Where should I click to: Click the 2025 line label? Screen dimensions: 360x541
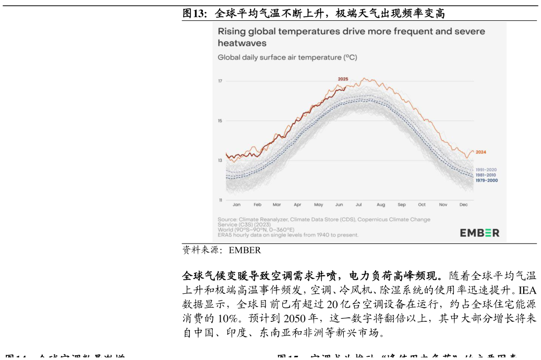point(343,79)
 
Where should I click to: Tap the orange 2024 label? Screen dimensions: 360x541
point(480,152)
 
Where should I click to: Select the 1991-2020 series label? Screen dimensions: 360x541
point(486,170)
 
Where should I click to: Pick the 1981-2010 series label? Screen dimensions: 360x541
point(486,175)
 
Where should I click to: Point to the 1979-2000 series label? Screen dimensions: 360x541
point(486,181)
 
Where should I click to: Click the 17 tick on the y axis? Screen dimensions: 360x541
point(220,81)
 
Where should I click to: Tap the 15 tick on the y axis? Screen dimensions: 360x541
point(220,121)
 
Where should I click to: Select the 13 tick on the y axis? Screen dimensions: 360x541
point(220,160)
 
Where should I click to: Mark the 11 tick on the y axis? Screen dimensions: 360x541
point(220,200)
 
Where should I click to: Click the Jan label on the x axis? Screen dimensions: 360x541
point(236,205)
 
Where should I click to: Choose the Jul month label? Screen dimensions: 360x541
point(359,205)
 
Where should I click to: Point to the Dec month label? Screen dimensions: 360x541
point(463,205)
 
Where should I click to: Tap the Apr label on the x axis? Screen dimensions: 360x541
point(297,205)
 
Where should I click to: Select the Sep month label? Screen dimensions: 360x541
point(401,205)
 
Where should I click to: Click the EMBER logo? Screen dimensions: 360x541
point(479,233)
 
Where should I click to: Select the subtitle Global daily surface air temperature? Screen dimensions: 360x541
point(287,57)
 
